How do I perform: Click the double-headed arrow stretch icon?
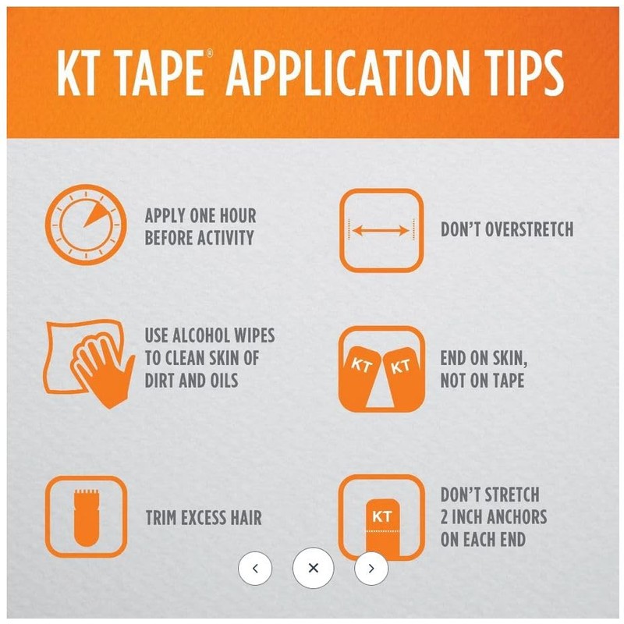pos(381,229)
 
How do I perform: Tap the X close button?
pos(314,568)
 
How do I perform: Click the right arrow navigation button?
pos(371,568)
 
